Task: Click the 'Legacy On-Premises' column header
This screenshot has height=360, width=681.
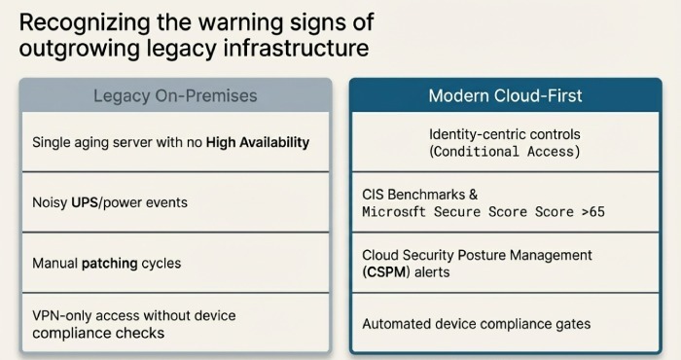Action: pos(175,96)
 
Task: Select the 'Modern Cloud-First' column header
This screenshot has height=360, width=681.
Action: pos(505,96)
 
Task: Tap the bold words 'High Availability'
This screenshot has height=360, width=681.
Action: pos(258,142)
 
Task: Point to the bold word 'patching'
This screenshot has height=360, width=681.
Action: pos(109,263)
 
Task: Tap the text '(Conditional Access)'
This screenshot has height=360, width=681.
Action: pos(504,152)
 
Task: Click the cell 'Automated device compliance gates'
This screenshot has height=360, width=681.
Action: pos(476,324)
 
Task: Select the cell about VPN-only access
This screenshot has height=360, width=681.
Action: pos(175,324)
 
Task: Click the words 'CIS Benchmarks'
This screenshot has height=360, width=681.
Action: pos(411,194)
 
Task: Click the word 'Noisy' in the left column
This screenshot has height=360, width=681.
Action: pos(51,202)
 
